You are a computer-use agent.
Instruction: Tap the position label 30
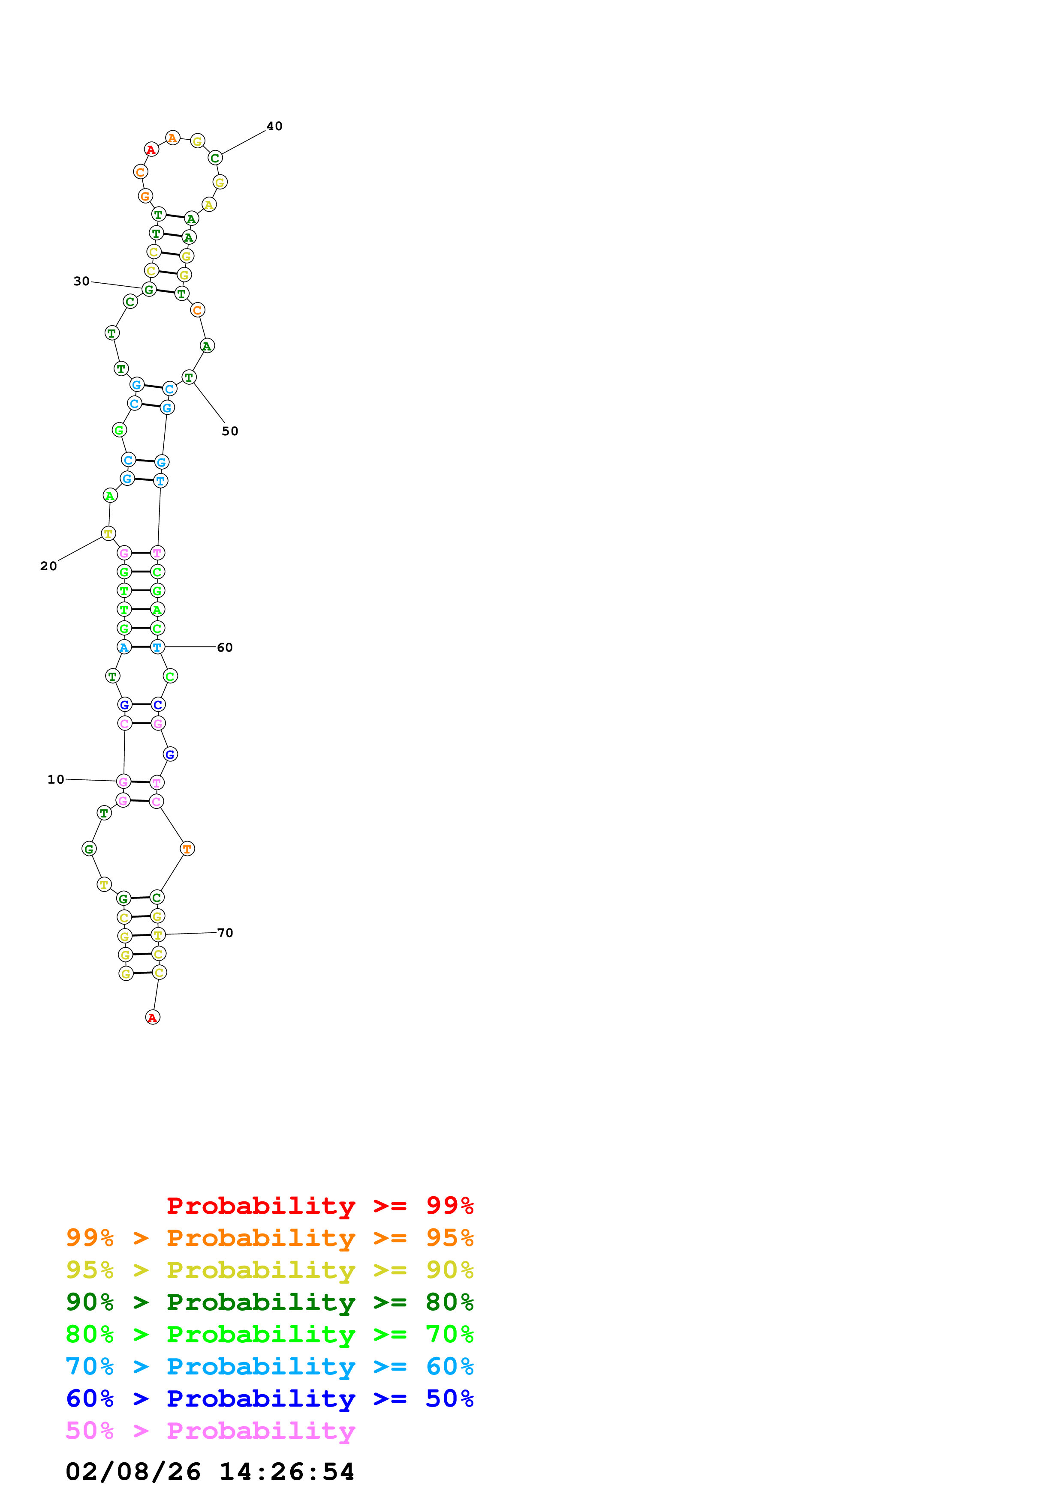81,281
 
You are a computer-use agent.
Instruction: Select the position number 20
48,566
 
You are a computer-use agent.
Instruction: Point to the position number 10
56,780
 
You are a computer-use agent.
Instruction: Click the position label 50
230,431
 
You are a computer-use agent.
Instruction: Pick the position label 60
225,647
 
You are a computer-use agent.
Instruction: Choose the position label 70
225,933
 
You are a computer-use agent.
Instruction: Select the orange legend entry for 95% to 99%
269,1238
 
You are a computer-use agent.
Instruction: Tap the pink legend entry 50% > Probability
210,1430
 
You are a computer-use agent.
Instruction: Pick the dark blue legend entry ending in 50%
269,1398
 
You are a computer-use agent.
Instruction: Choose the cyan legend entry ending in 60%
269,1366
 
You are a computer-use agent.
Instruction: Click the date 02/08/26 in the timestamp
133,1472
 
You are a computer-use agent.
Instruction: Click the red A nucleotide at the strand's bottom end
153,1017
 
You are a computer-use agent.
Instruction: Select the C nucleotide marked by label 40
215,158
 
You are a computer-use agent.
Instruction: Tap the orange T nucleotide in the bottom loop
187,849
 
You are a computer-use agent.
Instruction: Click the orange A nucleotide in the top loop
172,138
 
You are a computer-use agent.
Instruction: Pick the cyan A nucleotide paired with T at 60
124,647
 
